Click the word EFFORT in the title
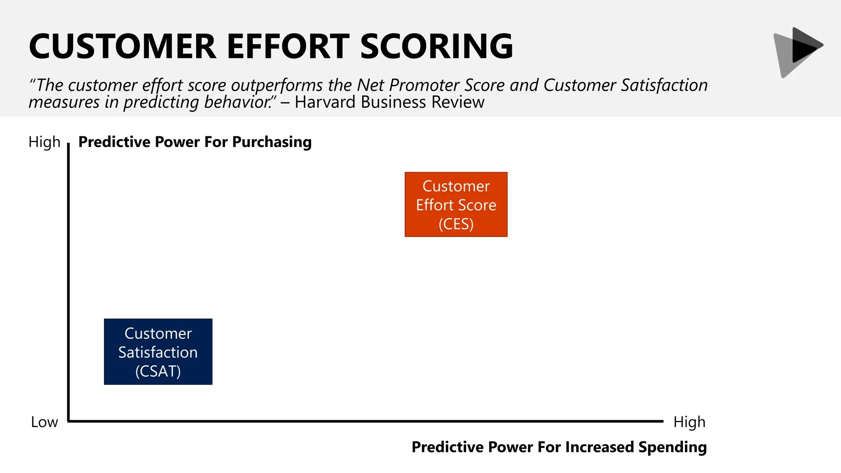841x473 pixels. [x=288, y=46]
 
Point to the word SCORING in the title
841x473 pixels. [x=437, y=46]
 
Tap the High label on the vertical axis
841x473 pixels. [x=44, y=142]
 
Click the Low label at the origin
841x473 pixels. [x=44, y=422]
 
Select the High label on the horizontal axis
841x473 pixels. [x=689, y=422]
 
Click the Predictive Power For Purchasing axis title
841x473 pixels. [x=195, y=142]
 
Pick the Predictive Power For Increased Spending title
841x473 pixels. [x=559, y=447]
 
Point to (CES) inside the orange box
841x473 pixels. [x=456, y=224]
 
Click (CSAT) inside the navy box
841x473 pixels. [x=158, y=371]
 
